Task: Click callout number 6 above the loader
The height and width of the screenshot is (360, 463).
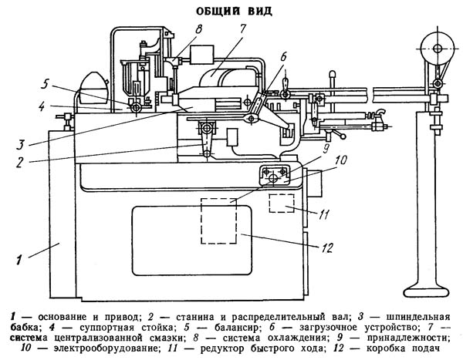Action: [x=282, y=56]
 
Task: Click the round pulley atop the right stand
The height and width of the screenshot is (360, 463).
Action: [x=436, y=48]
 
